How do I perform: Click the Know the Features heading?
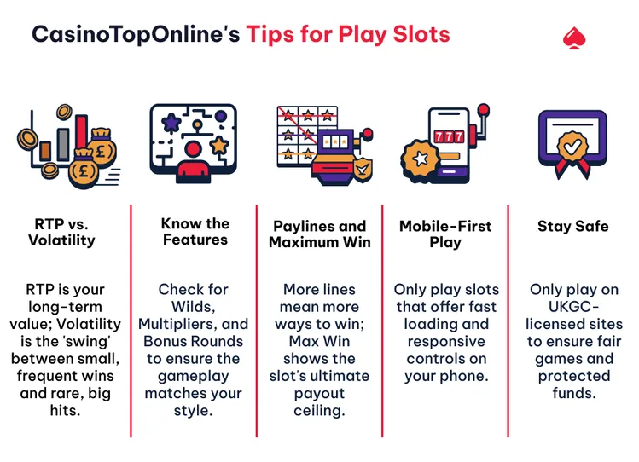[x=195, y=232]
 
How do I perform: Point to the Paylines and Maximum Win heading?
[x=319, y=234]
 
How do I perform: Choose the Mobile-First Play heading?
[x=445, y=234]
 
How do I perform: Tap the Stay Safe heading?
[x=572, y=226]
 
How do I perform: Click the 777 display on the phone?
[x=449, y=137]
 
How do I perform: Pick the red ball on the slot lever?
[x=484, y=110]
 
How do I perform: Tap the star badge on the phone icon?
[x=421, y=159]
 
